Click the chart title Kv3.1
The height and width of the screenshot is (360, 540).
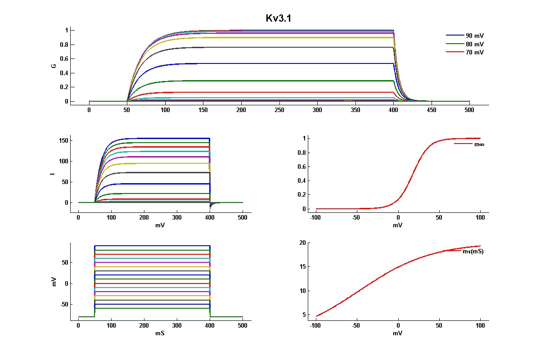tap(279, 18)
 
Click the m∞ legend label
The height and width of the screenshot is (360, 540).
tap(479, 144)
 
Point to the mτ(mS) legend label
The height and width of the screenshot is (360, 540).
tap(473, 252)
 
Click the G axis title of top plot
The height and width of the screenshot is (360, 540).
tap(54, 66)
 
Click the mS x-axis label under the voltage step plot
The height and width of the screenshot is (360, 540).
tap(160, 333)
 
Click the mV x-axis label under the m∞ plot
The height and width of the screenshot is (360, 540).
tap(398, 225)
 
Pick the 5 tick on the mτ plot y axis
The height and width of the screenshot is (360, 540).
tap(304, 315)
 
